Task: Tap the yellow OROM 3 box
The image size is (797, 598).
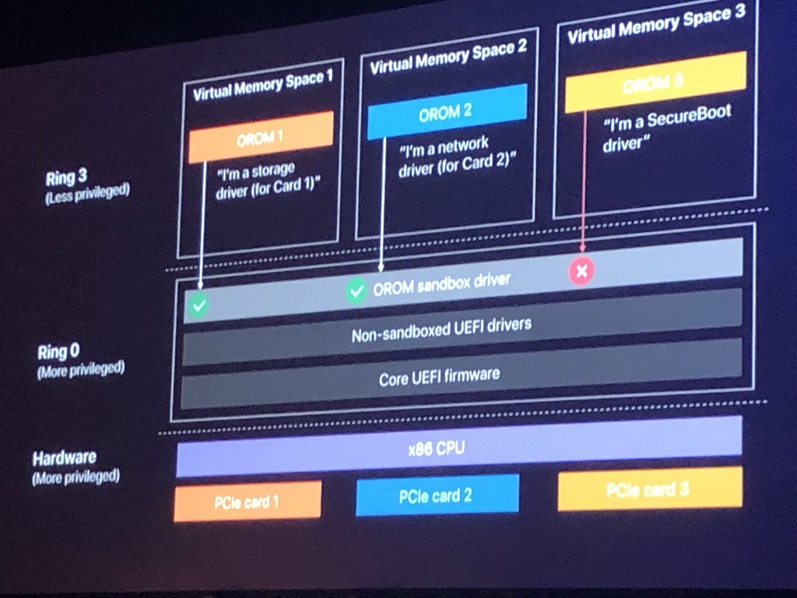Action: click(x=655, y=82)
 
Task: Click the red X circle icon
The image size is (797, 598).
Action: click(x=581, y=270)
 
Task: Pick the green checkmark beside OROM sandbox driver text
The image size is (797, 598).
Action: click(x=356, y=291)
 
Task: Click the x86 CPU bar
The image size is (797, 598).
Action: click(x=459, y=448)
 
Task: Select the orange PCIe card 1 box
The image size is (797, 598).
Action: click(x=248, y=501)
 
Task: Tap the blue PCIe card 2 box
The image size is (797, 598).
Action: click(x=437, y=495)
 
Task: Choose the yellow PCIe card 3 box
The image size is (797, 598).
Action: click(x=649, y=488)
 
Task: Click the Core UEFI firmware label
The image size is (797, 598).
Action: click(x=439, y=378)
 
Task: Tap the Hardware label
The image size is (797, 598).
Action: click(x=65, y=458)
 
